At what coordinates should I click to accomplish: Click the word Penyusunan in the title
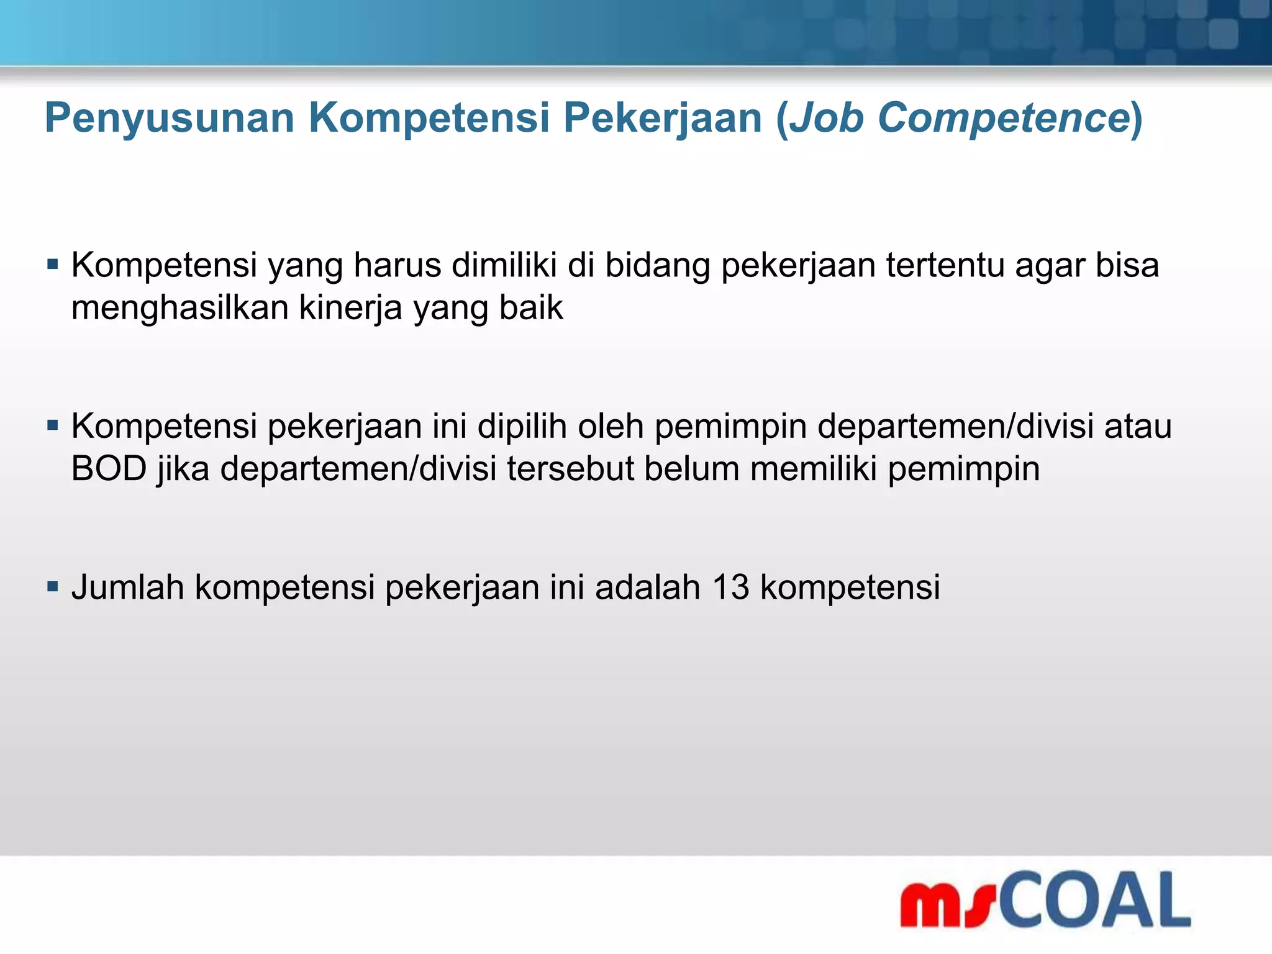(x=169, y=119)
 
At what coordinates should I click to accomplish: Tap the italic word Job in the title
(x=826, y=117)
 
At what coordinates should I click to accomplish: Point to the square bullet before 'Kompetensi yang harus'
(x=53, y=265)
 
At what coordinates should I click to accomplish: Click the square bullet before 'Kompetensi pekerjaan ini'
(x=53, y=426)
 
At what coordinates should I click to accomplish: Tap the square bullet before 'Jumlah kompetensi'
(x=53, y=586)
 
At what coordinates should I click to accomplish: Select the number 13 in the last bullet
(x=730, y=586)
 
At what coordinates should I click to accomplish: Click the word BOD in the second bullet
(x=109, y=468)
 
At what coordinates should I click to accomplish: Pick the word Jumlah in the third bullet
(x=127, y=586)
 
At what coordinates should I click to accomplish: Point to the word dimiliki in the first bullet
(x=504, y=265)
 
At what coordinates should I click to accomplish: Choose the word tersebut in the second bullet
(x=570, y=468)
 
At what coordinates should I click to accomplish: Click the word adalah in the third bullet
(x=647, y=586)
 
